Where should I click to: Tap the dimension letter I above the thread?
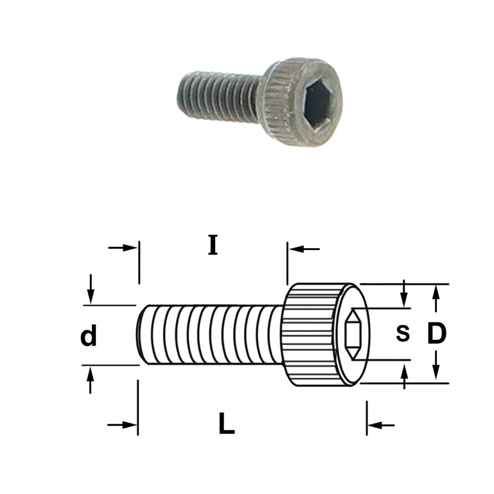pos(213,245)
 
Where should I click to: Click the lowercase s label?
pos(403,333)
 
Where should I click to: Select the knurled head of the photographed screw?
pos(301,101)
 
